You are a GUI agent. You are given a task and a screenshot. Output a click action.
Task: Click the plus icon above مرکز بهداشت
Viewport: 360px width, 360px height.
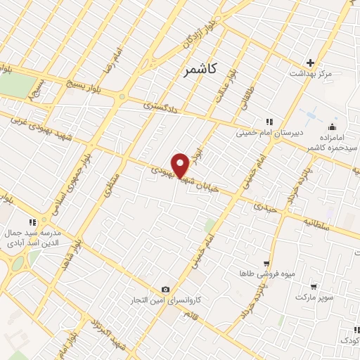[311, 63]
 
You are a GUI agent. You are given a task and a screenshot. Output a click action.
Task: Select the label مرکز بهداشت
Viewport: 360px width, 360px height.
[310, 73]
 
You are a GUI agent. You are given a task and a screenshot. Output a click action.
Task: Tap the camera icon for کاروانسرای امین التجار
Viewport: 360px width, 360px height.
[165, 289]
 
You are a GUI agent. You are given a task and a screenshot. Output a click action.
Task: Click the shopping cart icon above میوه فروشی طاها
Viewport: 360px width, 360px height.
[265, 262]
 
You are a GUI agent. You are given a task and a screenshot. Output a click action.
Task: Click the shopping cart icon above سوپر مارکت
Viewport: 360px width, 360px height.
[314, 286]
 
